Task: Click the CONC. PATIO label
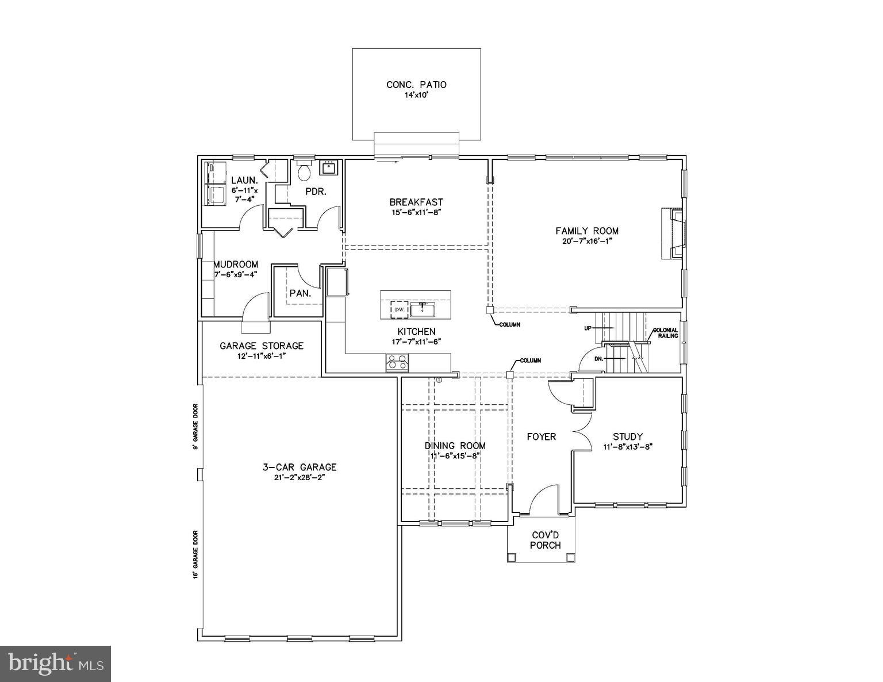click(416, 85)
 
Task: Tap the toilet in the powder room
click(304, 170)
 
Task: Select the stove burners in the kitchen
click(397, 362)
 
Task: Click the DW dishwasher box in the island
click(399, 309)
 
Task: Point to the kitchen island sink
click(423, 309)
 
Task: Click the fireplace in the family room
click(672, 235)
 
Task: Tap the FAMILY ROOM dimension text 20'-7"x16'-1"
click(587, 241)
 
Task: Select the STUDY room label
click(627, 436)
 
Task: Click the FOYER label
click(542, 437)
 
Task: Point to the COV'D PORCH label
click(545, 540)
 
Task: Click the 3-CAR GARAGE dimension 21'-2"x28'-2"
click(295, 477)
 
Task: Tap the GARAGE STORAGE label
click(262, 346)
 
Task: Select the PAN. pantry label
click(300, 293)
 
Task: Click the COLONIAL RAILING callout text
click(665, 333)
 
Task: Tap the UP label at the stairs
click(588, 328)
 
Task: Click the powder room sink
click(329, 167)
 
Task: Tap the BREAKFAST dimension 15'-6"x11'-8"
click(416, 212)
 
